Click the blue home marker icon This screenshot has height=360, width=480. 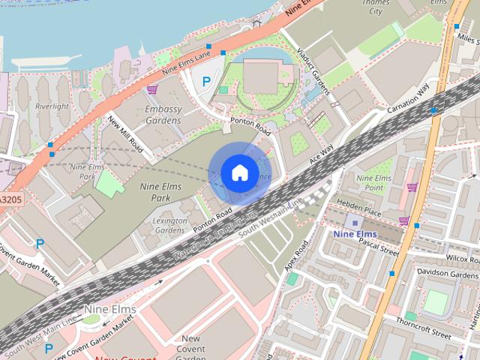tap(239, 172)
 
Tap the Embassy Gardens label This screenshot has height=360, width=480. tap(163, 114)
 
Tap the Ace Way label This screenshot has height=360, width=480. tap(321, 157)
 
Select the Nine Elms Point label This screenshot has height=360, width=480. tap(374, 182)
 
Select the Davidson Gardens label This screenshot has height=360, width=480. tap(448, 274)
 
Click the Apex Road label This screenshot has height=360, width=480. tap(295, 257)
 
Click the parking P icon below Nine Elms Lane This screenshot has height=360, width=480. tap(205, 81)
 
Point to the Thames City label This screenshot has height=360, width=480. tap(375, 7)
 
